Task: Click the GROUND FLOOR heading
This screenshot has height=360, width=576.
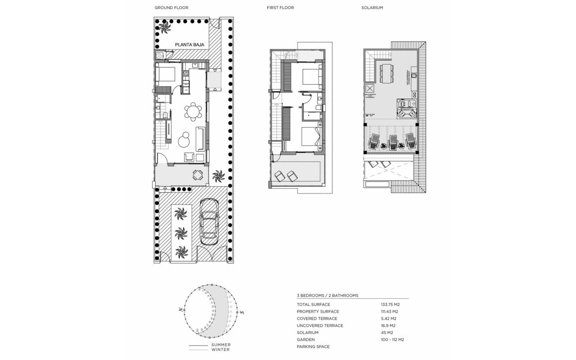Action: tap(171, 8)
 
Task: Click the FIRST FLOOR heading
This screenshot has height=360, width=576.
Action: tap(280, 8)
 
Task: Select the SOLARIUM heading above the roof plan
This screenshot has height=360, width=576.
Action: tap(372, 8)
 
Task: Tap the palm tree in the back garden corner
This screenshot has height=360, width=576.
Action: tap(164, 28)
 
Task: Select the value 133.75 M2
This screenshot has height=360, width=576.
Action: tap(390, 305)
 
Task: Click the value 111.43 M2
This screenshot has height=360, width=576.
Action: tap(390, 311)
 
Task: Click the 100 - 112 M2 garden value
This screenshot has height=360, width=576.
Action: tap(392, 339)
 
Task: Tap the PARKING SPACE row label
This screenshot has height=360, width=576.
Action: tap(313, 346)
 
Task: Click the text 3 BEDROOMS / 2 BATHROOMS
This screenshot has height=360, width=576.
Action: tap(328, 296)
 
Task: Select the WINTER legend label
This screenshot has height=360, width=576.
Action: tap(220, 350)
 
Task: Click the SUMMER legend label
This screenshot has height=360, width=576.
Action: tap(220, 345)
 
